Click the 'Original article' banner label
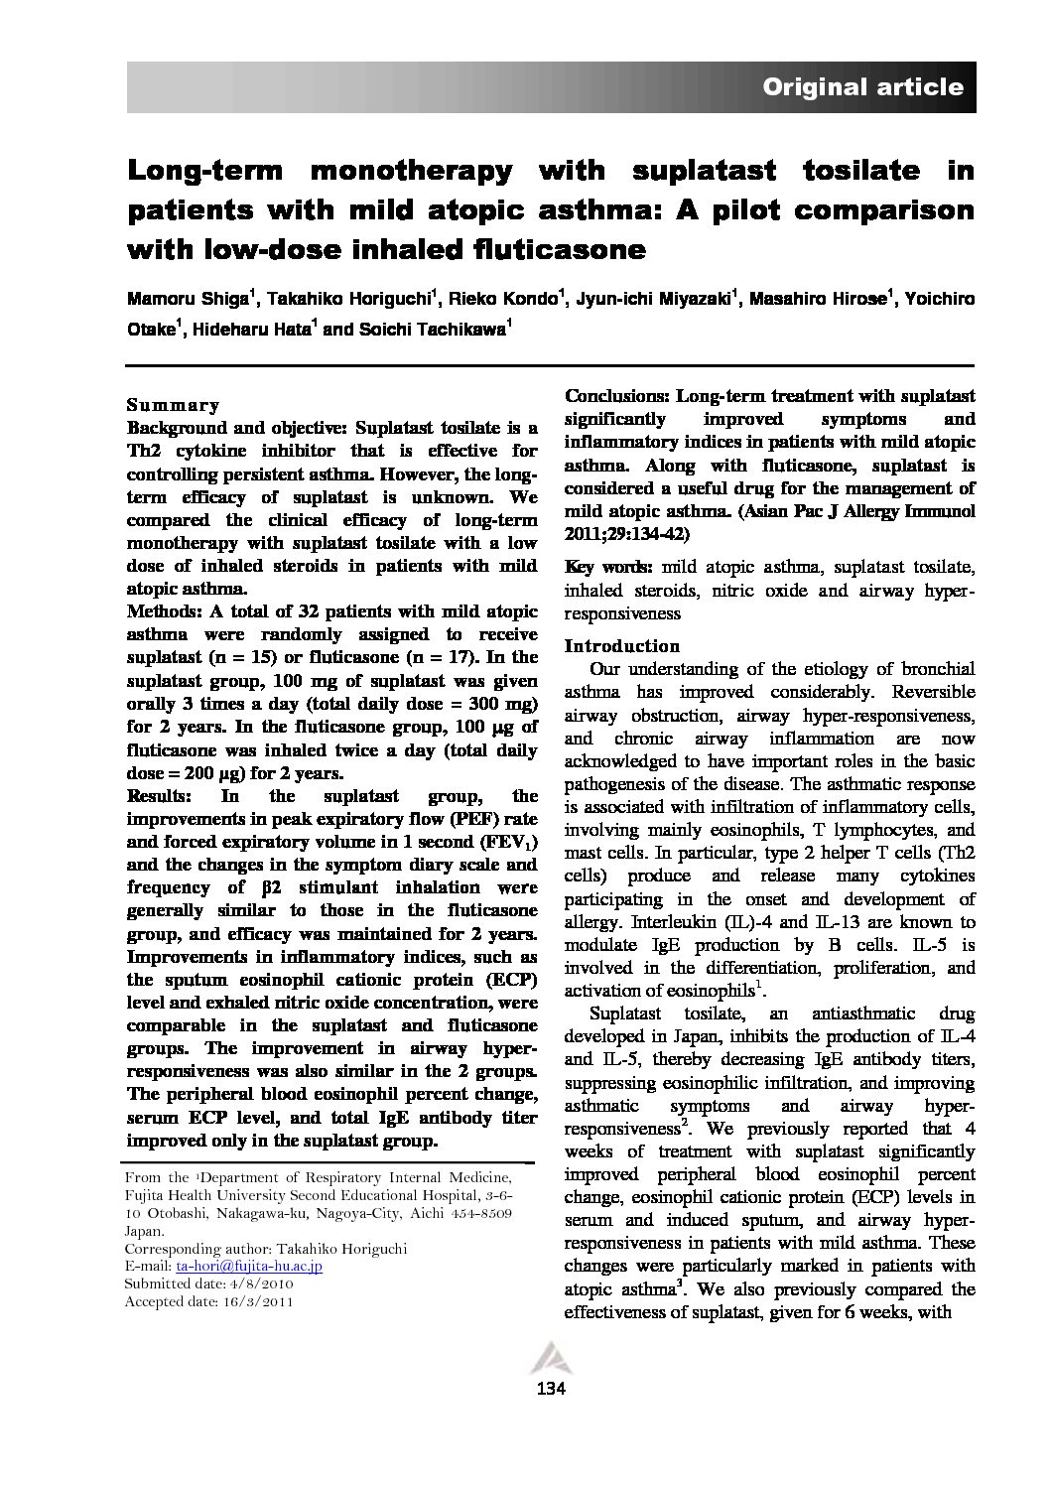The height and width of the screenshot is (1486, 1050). [861, 87]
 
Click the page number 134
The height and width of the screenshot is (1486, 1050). [550, 1388]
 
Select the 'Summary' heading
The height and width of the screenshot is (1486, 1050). [174, 405]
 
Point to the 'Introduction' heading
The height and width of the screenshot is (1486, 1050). [621, 645]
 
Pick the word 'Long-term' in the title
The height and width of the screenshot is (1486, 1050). [203, 170]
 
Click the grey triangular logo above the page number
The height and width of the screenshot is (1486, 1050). [550, 1357]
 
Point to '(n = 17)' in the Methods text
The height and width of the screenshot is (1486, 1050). [500, 657]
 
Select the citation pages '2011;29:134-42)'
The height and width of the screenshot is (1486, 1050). [627, 534]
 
